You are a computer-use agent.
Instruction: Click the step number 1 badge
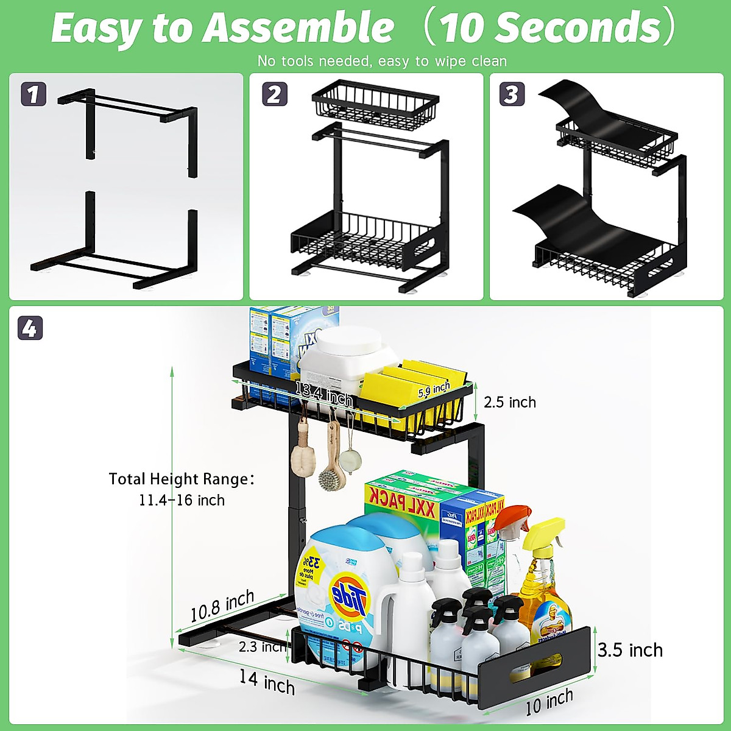click(x=33, y=94)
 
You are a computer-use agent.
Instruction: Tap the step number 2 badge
click(x=274, y=94)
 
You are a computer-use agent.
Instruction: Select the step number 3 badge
click(x=512, y=94)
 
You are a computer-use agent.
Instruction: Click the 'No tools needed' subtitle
click(x=382, y=61)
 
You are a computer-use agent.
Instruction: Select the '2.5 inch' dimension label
click(x=510, y=402)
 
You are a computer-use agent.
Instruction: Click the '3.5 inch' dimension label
click(x=630, y=650)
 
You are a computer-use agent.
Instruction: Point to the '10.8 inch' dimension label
click(x=222, y=606)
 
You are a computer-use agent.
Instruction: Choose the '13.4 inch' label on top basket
click(x=324, y=395)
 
